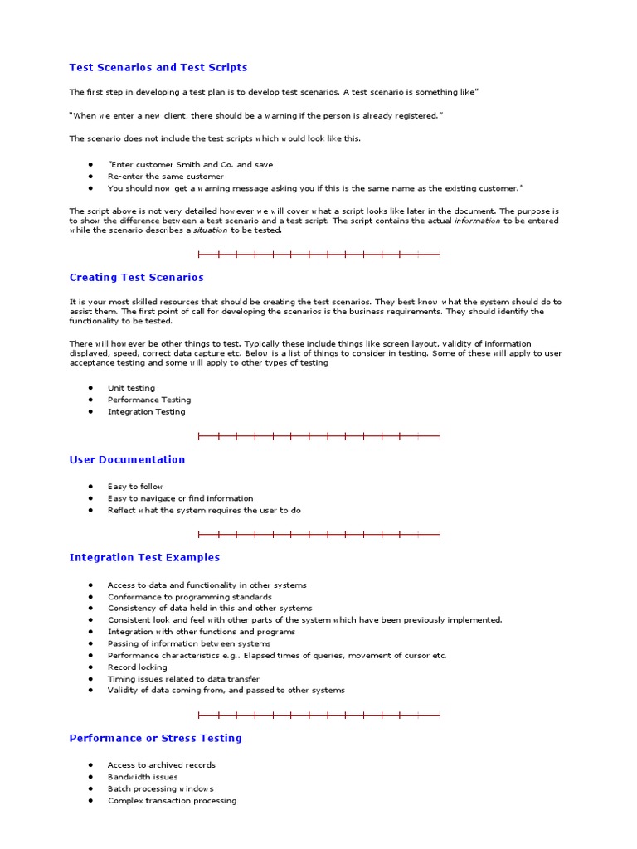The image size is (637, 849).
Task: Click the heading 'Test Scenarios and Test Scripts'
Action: pyautogui.click(x=158, y=67)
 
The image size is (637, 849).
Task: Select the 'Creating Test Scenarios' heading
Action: pyautogui.click(x=136, y=278)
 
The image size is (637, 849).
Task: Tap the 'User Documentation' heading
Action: pyautogui.click(x=127, y=459)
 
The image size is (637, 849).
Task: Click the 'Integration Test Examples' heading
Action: pyautogui.click(x=144, y=558)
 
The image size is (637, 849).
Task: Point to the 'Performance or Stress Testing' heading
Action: pyautogui.click(x=155, y=738)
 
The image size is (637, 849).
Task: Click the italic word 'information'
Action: pyautogui.click(x=477, y=221)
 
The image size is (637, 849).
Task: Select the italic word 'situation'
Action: pyautogui.click(x=210, y=230)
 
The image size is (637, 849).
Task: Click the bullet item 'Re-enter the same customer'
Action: pyautogui.click(x=165, y=177)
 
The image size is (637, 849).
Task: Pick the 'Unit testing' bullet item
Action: pyautogui.click(x=131, y=388)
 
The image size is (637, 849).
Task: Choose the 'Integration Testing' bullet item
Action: pyautogui.click(x=146, y=411)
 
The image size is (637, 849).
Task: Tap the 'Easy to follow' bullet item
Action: pyautogui.click(x=135, y=487)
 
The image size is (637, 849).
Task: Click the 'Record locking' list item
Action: pyautogui.click(x=137, y=667)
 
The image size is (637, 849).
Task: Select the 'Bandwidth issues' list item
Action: pyautogui.click(x=143, y=777)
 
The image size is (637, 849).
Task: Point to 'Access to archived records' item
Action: pyautogui.click(x=161, y=765)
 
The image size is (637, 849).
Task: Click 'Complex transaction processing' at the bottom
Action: pyautogui.click(x=172, y=801)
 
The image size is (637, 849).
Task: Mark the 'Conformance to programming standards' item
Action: pyautogui.click(x=189, y=597)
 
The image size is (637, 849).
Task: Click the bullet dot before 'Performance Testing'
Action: pyautogui.click(x=90, y=400)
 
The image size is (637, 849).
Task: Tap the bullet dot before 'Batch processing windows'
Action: pyautogui.click(x=90, y=788)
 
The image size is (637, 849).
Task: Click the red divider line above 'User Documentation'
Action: pyautogui.click(x=318, y=436)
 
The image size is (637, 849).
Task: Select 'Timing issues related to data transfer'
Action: pyautogui.click(x=183, y=678)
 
